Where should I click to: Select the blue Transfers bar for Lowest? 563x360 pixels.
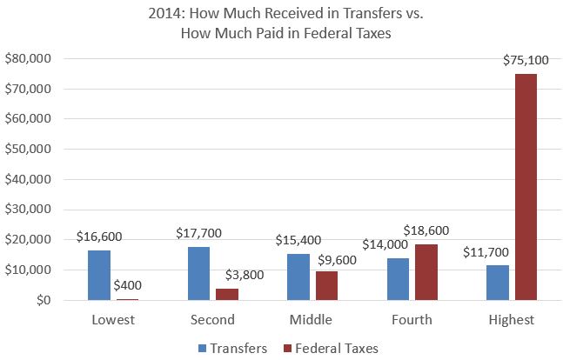(x=99, y=276)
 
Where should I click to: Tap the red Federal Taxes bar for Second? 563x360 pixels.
(x=227, y=295)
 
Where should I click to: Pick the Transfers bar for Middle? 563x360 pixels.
(x=298, y=277)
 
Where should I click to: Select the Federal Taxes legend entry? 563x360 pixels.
(x=329, y=346)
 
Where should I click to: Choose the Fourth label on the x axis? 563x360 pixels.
(x=412, y=320)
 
